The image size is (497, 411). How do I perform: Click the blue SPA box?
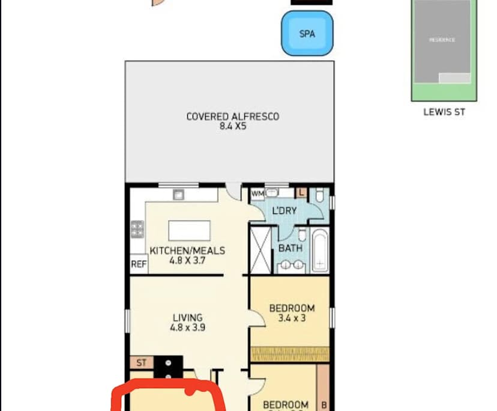(307, 34)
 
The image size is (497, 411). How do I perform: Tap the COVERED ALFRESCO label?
(232, 117)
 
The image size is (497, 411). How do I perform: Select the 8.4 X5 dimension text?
(233, 127)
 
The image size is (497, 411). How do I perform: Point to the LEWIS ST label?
(444, 112)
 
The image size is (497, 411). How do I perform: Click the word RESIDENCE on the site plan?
(442, 40)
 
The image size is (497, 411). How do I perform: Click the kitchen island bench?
(189, 231)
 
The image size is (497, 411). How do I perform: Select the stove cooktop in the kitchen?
(137, 228)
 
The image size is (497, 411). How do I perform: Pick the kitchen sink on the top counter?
(178, 193)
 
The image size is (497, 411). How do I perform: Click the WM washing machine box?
(258, 193)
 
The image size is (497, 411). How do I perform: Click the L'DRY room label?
(285, 212)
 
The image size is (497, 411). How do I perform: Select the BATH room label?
(290, 248)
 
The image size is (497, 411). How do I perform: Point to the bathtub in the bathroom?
(319, 250)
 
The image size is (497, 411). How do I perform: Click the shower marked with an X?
(262, 249)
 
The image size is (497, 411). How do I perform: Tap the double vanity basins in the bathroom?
(292, 265)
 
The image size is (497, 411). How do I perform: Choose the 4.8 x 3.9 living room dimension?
(187, 328)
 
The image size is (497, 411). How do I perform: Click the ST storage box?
(142, 363)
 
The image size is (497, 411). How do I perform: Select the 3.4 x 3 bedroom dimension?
(291, 318)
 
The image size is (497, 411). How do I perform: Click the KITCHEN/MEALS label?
(187, 251)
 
